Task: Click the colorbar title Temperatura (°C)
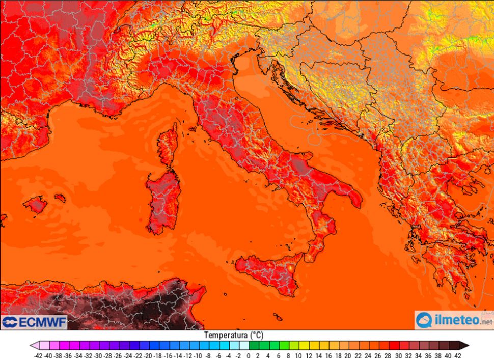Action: (234, 335)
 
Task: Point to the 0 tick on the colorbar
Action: (248, 355)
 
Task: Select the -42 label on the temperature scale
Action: (38, 355)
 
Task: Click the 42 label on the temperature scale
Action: (458, 355)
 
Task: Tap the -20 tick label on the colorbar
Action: (148, 355)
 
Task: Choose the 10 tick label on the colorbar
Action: (298, 355)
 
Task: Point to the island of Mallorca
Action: (36, 205)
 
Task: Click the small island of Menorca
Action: (60, 198)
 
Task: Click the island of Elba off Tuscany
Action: (194, 130)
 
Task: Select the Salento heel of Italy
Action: (352, 196)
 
